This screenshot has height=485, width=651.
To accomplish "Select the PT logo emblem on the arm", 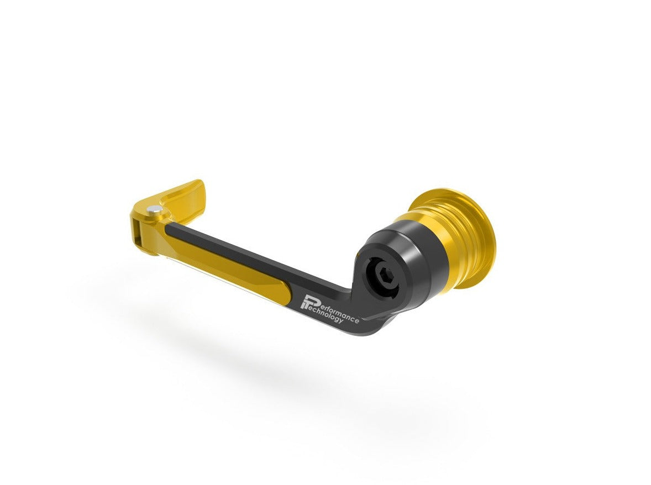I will [307, 302].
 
